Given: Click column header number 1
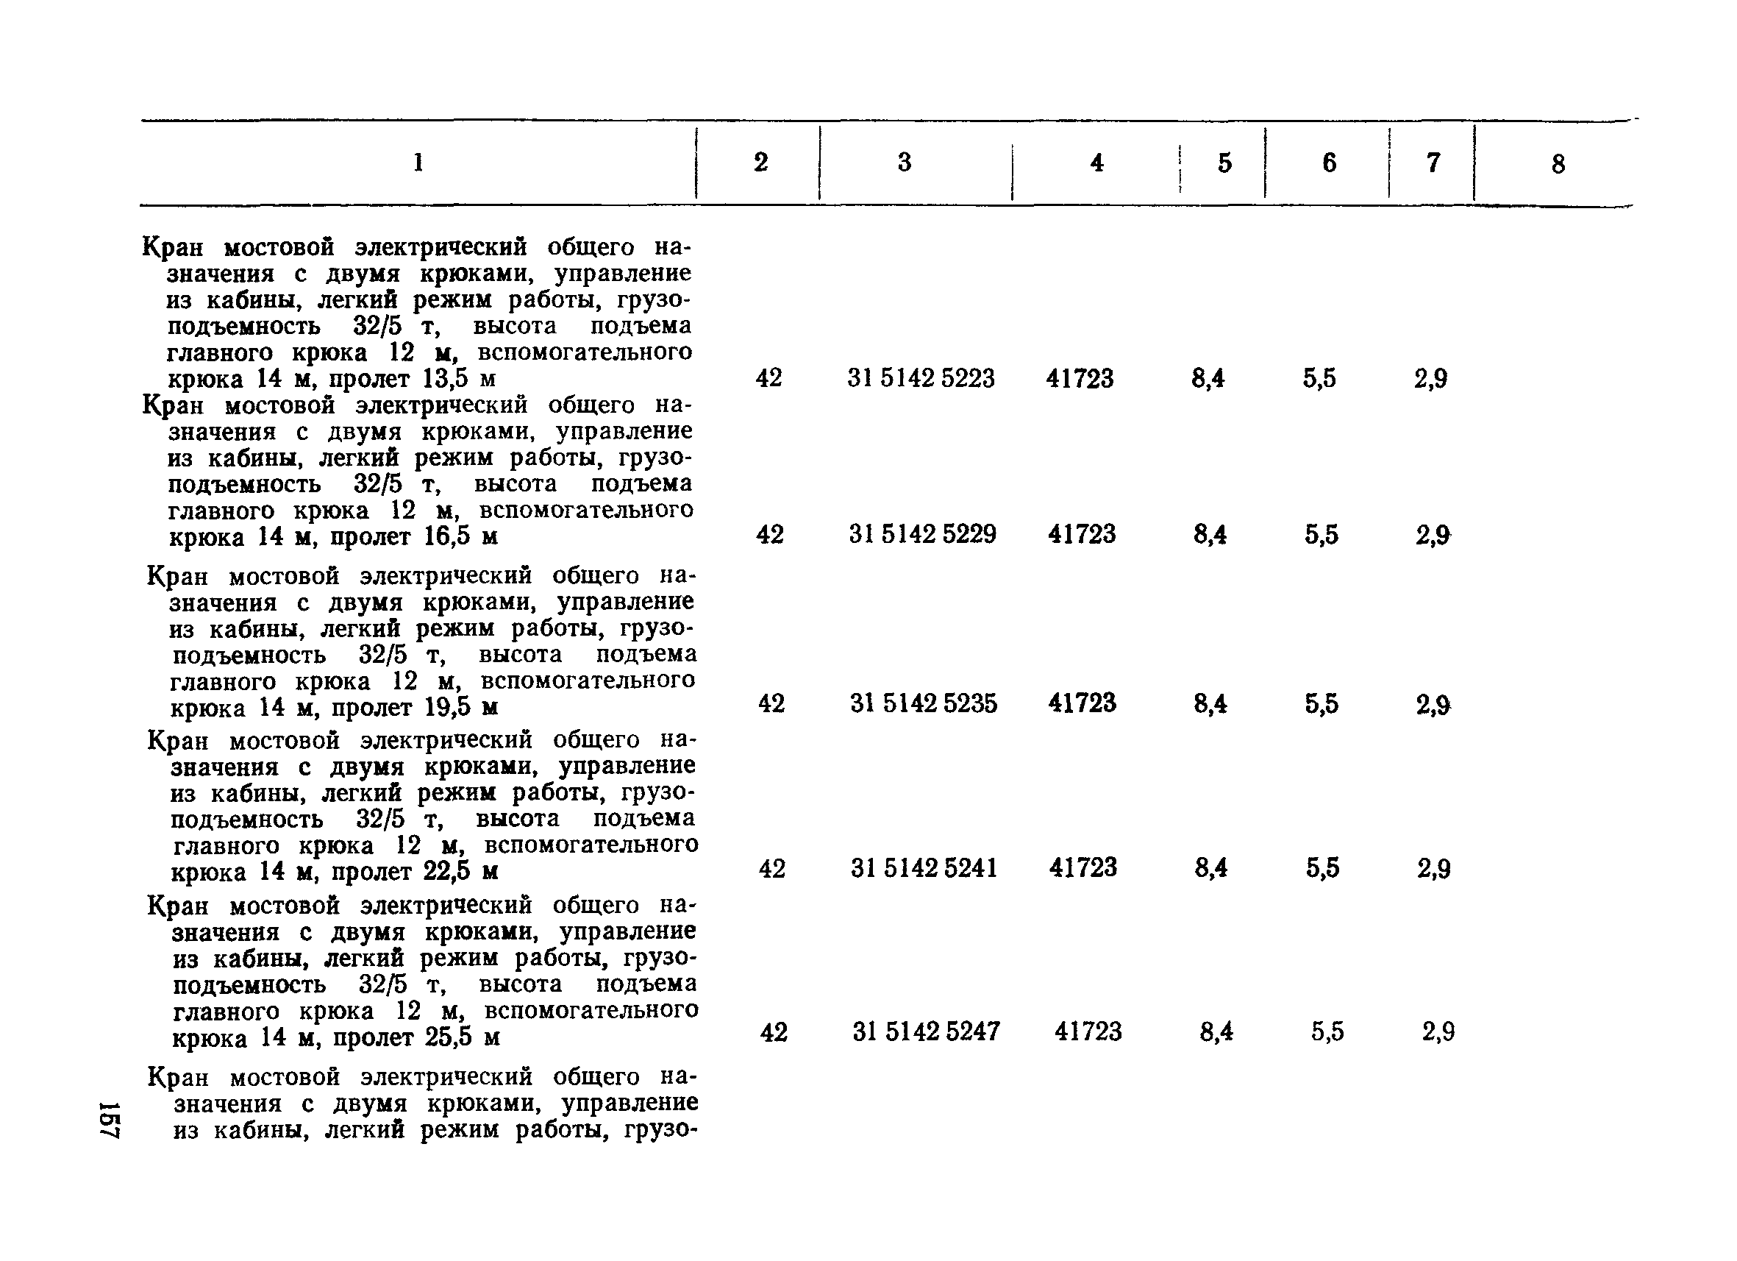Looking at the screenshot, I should (418, 163).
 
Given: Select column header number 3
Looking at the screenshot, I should (905, 163).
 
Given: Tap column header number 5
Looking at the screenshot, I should (1224, 163).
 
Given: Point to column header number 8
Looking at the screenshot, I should (1558, 165).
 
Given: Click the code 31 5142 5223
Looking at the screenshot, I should (921, 378).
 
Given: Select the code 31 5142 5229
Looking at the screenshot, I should (922, 534).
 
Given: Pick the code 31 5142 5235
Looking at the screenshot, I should (924, 703).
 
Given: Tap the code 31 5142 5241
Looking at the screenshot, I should (924, 868).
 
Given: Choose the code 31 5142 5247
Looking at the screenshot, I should (926, 1032).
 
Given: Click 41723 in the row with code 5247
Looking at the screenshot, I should (1088, 1032).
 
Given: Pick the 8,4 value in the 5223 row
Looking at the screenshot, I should (1208, 378).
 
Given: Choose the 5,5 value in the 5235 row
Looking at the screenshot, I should (1322, 703).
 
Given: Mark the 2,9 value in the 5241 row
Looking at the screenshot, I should (1434, 868).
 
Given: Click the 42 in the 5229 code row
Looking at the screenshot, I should (770, 534).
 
